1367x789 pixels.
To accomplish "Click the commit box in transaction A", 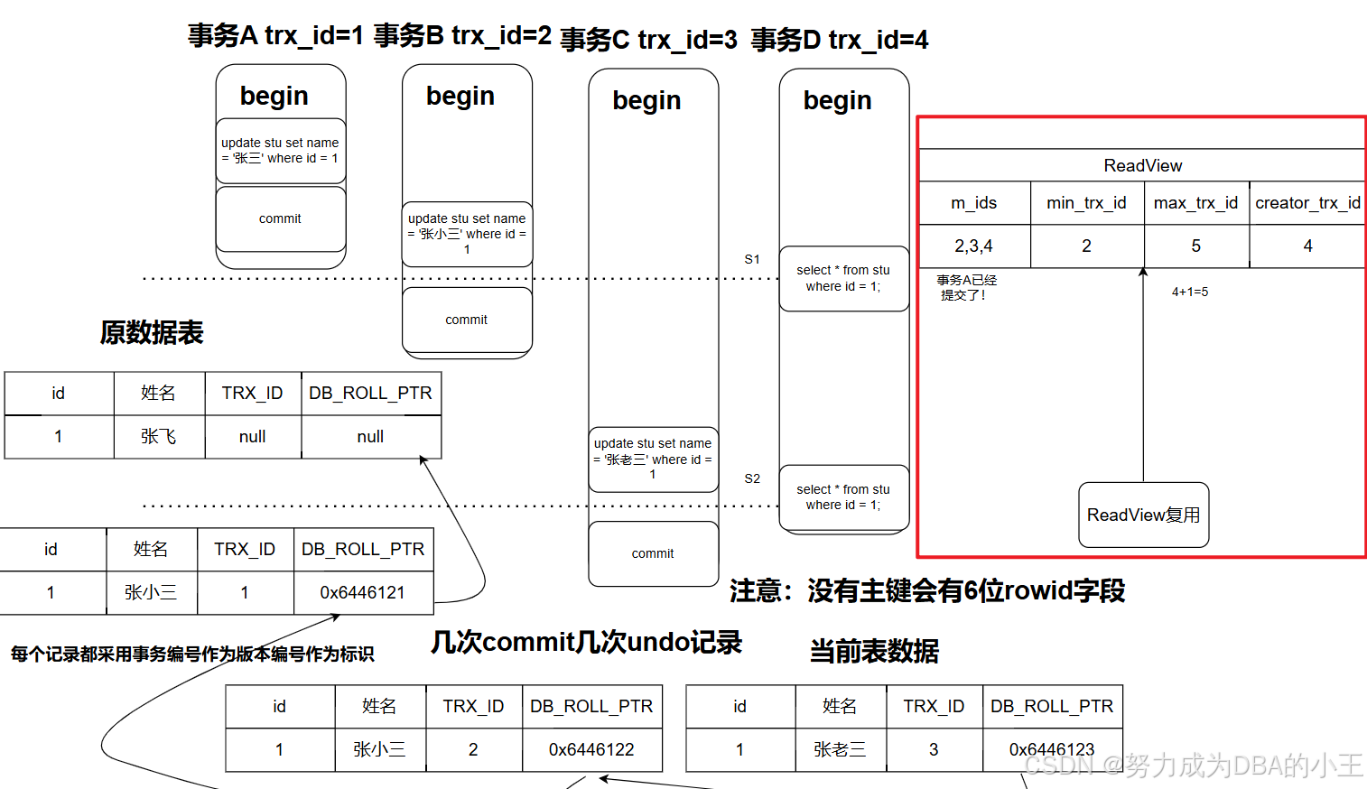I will click(x=280, y=218).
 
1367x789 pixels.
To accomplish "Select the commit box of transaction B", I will click(x=466, y=320).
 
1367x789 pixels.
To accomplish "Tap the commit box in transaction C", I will click(x=653, y=553).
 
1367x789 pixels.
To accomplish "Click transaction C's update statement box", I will click(x=653, y=459).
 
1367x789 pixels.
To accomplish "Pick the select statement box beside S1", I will click(x=843, y=278).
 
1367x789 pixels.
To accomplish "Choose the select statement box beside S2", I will click(x=843, y=497).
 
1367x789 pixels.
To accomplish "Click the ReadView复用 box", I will click(x=1143, y=515).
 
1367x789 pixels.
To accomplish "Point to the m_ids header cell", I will click(x=974, y=203).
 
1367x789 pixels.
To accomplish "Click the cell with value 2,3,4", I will click(x=974, y=246).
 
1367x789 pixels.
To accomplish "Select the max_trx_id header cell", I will click(x=1195, y=203).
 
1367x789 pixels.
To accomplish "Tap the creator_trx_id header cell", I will click(x=1307, y=203).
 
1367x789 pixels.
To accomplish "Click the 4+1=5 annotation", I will click(x=1190, y=292).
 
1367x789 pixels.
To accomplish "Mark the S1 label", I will click(x=752, y=259).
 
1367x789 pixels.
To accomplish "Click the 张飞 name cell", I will click(x=159, y=437).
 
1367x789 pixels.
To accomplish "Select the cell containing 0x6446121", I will click(x=363, y=593).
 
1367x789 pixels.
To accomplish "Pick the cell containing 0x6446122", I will click(x=591, y=749).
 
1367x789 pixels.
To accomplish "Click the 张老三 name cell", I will click(x=840, y=749).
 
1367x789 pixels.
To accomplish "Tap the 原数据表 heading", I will click(x=152, y=332).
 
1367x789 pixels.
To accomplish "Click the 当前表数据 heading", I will click(x=874, y=651).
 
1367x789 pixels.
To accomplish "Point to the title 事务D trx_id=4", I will click(x=839, y=40).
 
